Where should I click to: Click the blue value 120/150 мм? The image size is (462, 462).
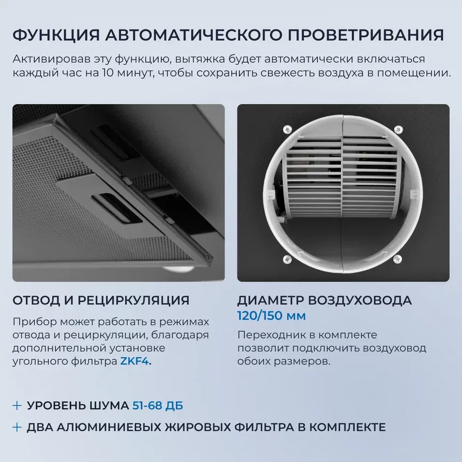point(271,316)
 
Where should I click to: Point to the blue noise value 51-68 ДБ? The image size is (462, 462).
point(158,405)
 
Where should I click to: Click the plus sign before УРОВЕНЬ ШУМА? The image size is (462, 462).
point(17,405)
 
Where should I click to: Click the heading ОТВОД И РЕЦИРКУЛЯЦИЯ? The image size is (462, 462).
point(101,300)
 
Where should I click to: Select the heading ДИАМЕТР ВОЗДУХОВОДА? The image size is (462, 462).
point(324,300)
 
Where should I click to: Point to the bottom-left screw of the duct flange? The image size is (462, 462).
point(287,259)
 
